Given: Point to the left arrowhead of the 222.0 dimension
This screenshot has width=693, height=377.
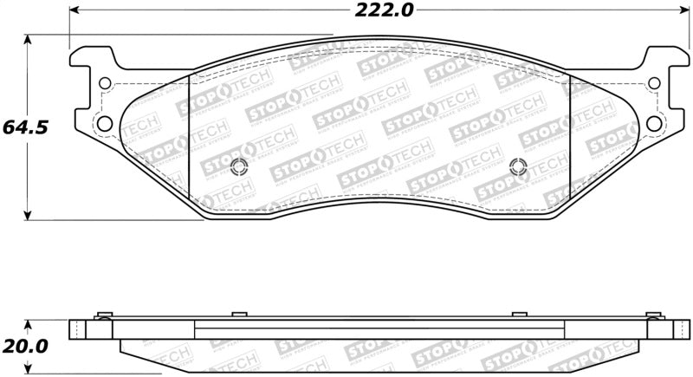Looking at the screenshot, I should (x=73, y=10).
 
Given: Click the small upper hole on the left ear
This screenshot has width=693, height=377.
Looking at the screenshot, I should (x=106, y=85).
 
